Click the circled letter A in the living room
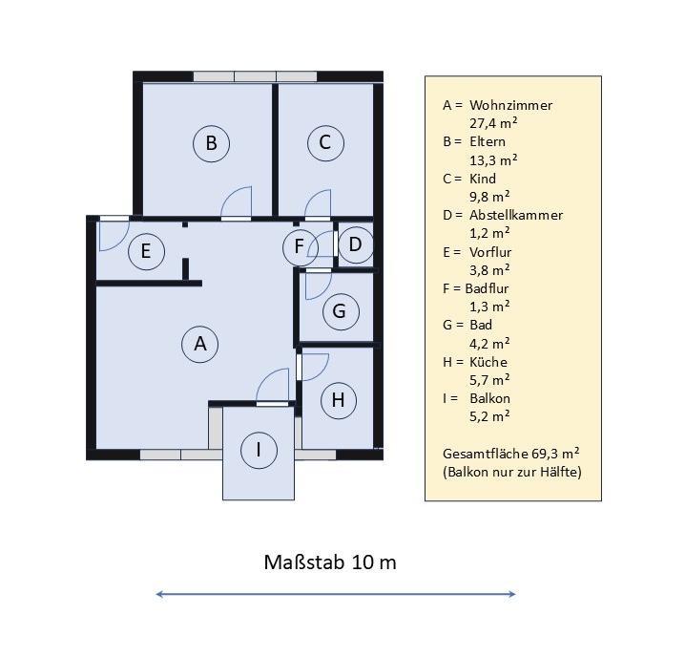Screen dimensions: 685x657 200,344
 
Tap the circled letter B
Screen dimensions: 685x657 212,143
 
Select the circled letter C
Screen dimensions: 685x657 325,142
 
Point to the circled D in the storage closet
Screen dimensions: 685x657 356,244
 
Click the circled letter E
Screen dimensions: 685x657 146,251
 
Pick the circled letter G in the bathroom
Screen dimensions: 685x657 341,311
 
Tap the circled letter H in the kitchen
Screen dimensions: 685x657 339,400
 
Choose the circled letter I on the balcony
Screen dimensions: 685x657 259,450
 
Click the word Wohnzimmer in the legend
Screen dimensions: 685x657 511,105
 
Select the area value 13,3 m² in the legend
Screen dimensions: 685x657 493,160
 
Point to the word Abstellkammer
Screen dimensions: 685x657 516,215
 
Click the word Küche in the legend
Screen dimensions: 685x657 488,362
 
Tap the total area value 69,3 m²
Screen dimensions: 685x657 555,454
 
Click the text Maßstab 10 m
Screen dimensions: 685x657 330,562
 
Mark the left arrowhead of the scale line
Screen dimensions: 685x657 159,594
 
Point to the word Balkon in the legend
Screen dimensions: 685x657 489,398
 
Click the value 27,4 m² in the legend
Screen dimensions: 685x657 493,123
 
